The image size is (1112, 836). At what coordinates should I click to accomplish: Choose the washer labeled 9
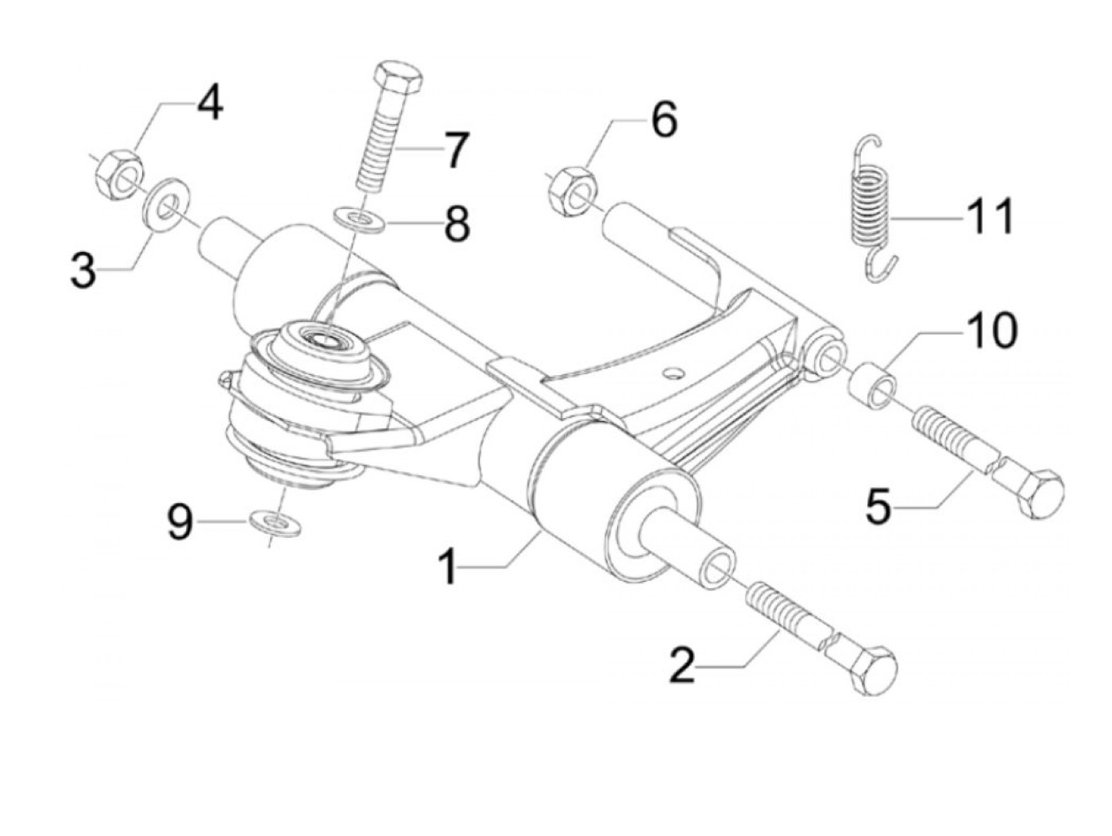276,523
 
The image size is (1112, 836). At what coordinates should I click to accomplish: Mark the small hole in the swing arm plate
672,373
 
